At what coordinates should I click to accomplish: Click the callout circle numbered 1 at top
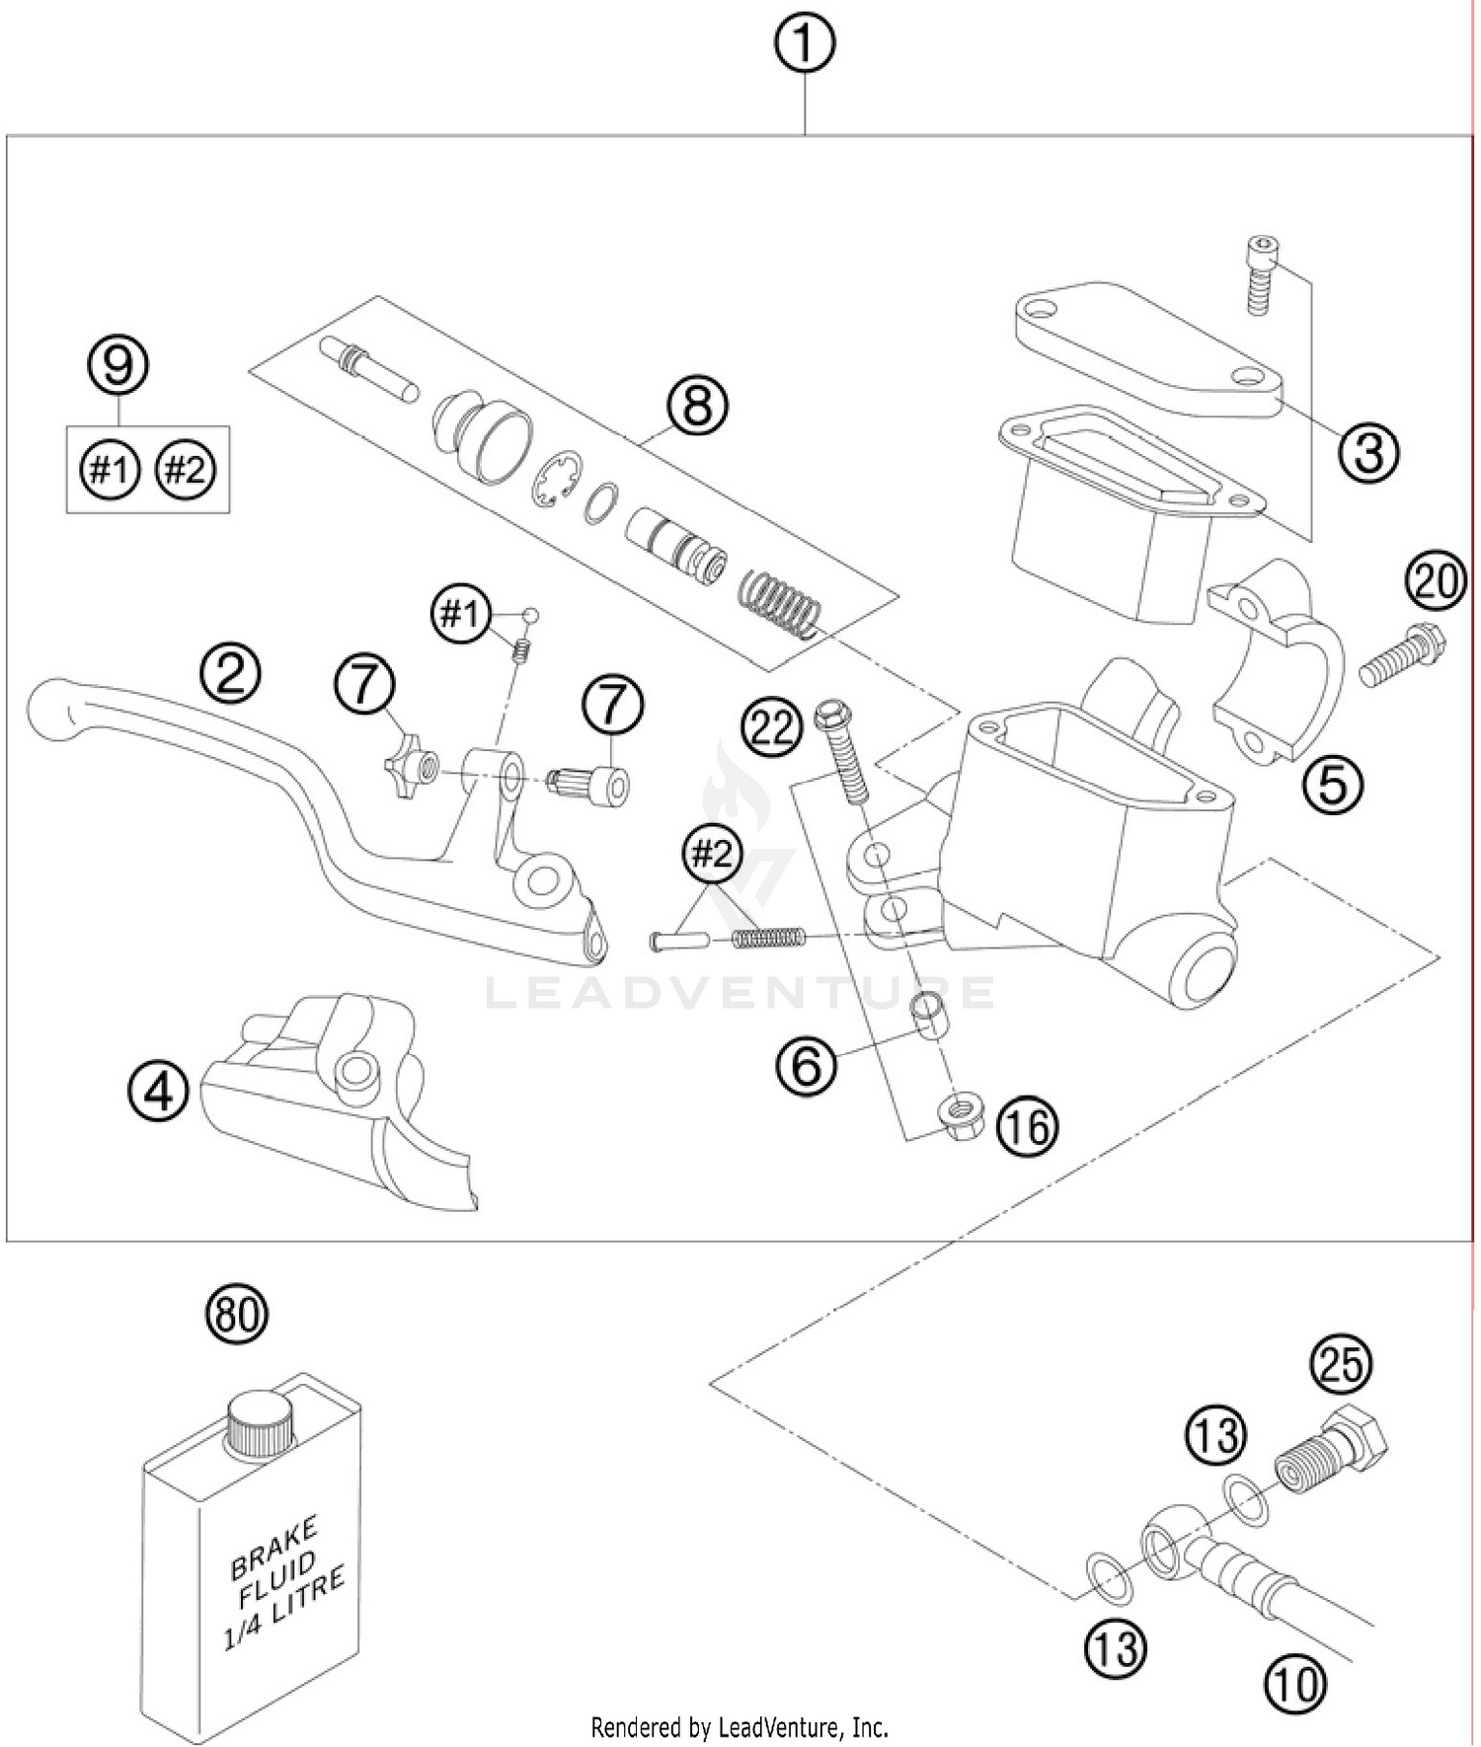(x=804, y=44)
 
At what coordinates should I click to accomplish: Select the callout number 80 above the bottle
(x=237, y=1315)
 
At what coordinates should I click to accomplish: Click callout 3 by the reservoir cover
(x=1369, y=453)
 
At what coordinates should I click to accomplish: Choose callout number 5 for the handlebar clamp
(x=1332, y=785)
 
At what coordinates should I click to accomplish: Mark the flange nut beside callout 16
(x=956, y=1121)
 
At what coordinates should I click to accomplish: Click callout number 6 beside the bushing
(x=807, y=1065)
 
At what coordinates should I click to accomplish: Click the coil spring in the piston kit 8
(x=781, y=602)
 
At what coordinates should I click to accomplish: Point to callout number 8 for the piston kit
(x=697, y=405)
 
